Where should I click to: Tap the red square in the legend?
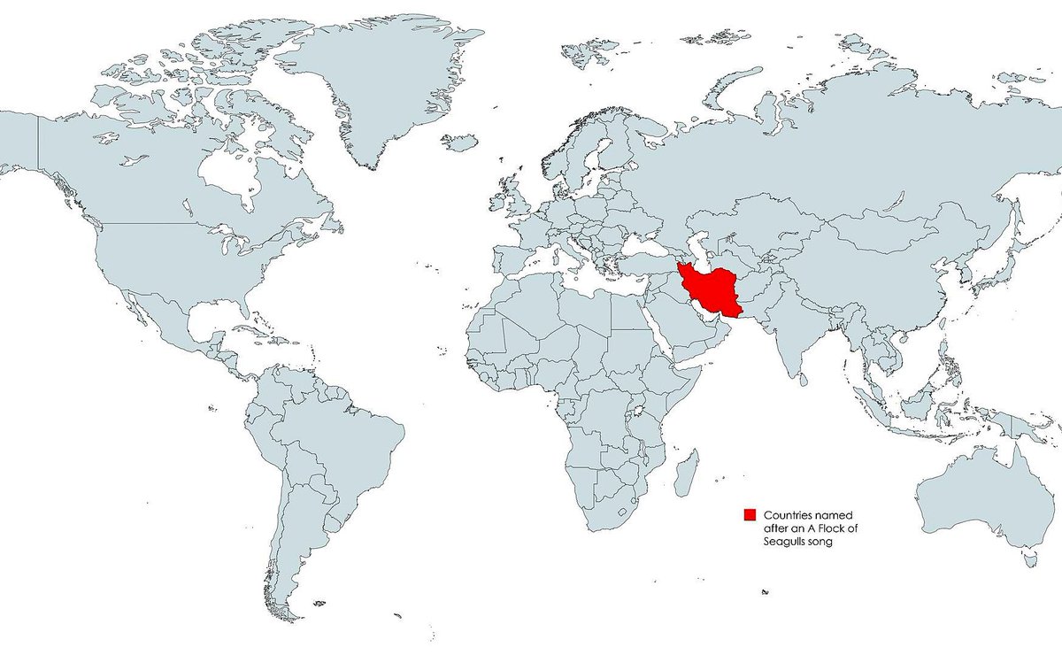pos(749,514)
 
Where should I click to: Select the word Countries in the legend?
pos(789,514)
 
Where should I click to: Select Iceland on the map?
pos(459,142)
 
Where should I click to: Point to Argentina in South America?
pos(292,549)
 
